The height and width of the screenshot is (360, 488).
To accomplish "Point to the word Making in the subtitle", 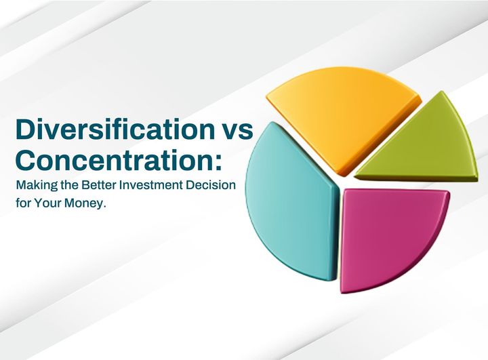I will [34, 186].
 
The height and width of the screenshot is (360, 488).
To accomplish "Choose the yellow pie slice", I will [339, 112].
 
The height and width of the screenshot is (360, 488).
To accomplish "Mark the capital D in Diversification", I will [26, 129].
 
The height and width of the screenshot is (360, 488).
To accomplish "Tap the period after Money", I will [106, 207].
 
